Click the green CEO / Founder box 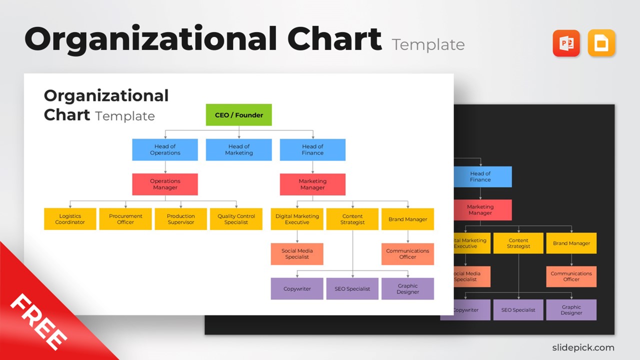(238, 115)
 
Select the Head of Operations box (165, 149)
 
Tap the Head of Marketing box (238, 149)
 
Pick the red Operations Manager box (165, 184)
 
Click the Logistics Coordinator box (70, 219)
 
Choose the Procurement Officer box (125, 219)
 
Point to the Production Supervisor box (180, 219)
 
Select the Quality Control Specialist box (236, 219)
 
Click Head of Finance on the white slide (312, 149)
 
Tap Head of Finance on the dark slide (480, 176)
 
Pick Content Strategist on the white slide (352, 219)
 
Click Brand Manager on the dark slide (571, 243)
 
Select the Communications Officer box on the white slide (407, 254)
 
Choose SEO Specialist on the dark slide (518, 310)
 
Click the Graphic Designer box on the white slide (407, 289)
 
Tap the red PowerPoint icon (566, 43)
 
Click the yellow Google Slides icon (601, 43)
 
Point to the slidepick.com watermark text (583, 347)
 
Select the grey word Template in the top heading (428, 45)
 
